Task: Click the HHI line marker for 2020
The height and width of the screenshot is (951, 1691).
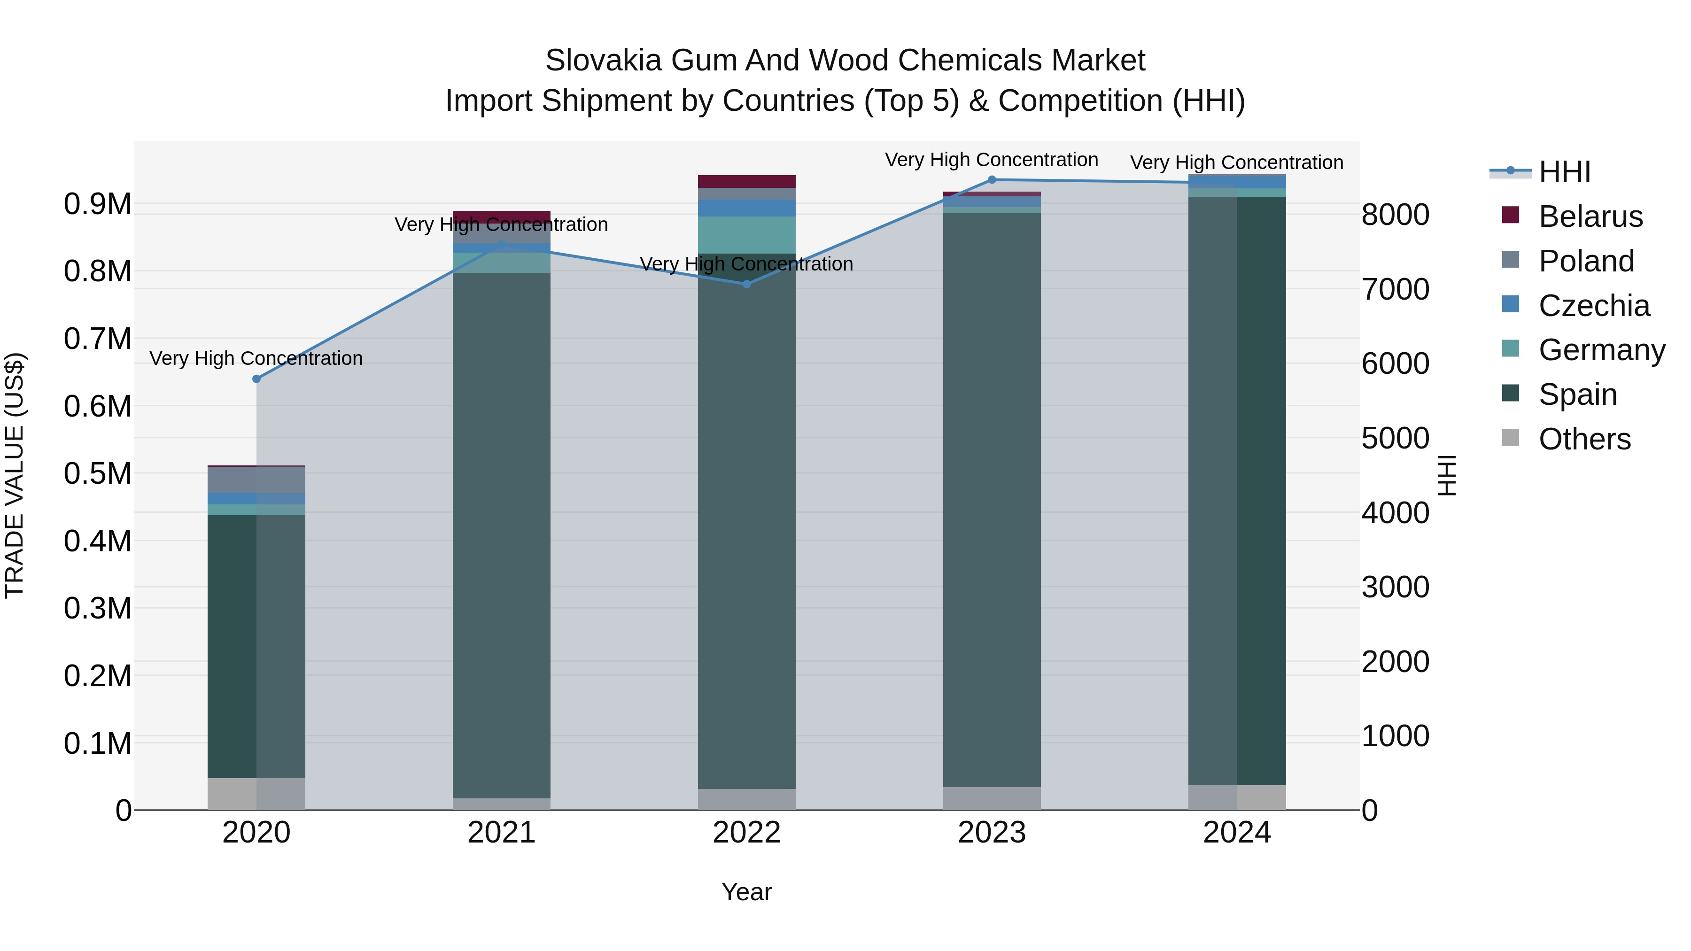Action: pos(256,379)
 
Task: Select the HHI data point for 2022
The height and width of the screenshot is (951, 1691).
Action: pos(746,284)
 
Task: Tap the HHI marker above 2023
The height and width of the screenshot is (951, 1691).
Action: pos(992,179)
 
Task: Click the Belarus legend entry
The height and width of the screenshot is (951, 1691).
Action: pos(1590,216)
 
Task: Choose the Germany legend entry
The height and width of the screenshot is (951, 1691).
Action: pos(1601,350)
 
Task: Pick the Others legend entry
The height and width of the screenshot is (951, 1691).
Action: pos(1584,439)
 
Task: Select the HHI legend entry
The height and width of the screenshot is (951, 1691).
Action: pos(1564,172)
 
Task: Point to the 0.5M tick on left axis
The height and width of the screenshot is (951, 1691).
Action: pos(97,473)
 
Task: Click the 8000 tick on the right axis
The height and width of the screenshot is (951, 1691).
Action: pos(1395,215)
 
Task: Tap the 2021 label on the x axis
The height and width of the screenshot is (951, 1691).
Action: pos(502,832)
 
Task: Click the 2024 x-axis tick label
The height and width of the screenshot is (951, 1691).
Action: pos(1237,832)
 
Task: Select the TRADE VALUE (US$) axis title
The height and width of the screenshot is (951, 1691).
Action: pos(15,475)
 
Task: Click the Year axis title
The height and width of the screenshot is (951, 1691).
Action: pos(746,892)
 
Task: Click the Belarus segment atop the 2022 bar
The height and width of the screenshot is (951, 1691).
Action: pos(746,181)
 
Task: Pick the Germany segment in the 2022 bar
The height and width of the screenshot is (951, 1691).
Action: pos(746,235)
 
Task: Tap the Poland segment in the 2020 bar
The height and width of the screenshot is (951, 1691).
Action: pos(256,480)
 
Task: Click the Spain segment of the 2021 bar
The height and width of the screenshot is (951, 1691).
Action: pos(502,535)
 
